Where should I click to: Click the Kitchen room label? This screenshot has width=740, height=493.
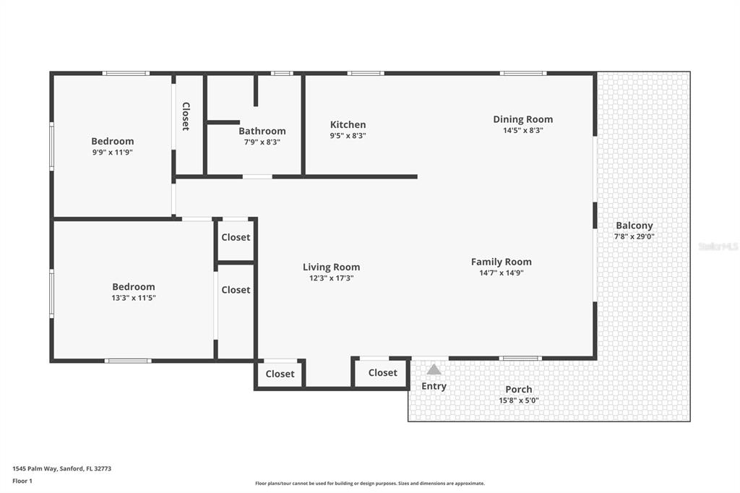(x=348, y=124)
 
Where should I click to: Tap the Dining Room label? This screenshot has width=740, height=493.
(x=523, y=119)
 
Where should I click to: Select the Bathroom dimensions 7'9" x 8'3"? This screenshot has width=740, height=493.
(x=262, y=142)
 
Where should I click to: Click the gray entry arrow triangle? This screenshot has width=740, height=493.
(x=434, y=369)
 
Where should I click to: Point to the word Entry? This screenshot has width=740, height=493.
(x=434, y=386)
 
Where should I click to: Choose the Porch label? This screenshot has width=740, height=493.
(x=519, y=390)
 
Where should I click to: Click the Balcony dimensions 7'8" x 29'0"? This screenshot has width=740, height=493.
(x=634, y=236)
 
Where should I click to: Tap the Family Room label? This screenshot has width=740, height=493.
(x=502, y=262)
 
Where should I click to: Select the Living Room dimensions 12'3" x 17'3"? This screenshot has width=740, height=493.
(x=331, y=278)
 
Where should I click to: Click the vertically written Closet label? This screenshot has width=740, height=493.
(x=186, y=116)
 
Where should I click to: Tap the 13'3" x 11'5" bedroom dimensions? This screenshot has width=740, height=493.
(x=134, y=298)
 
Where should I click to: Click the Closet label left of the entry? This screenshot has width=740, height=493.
(x=383, y=372)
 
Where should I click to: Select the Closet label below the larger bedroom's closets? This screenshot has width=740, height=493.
(x=280, y=374)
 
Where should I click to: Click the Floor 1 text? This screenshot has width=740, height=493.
(x=22, y=481)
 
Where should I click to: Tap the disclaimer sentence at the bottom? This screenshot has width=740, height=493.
(x=370, y=484)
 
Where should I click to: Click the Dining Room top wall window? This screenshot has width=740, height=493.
(x=523, y=73)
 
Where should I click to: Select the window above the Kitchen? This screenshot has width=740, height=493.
(x=366, y=73)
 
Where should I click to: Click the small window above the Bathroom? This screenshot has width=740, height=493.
(x=282, y=73)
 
